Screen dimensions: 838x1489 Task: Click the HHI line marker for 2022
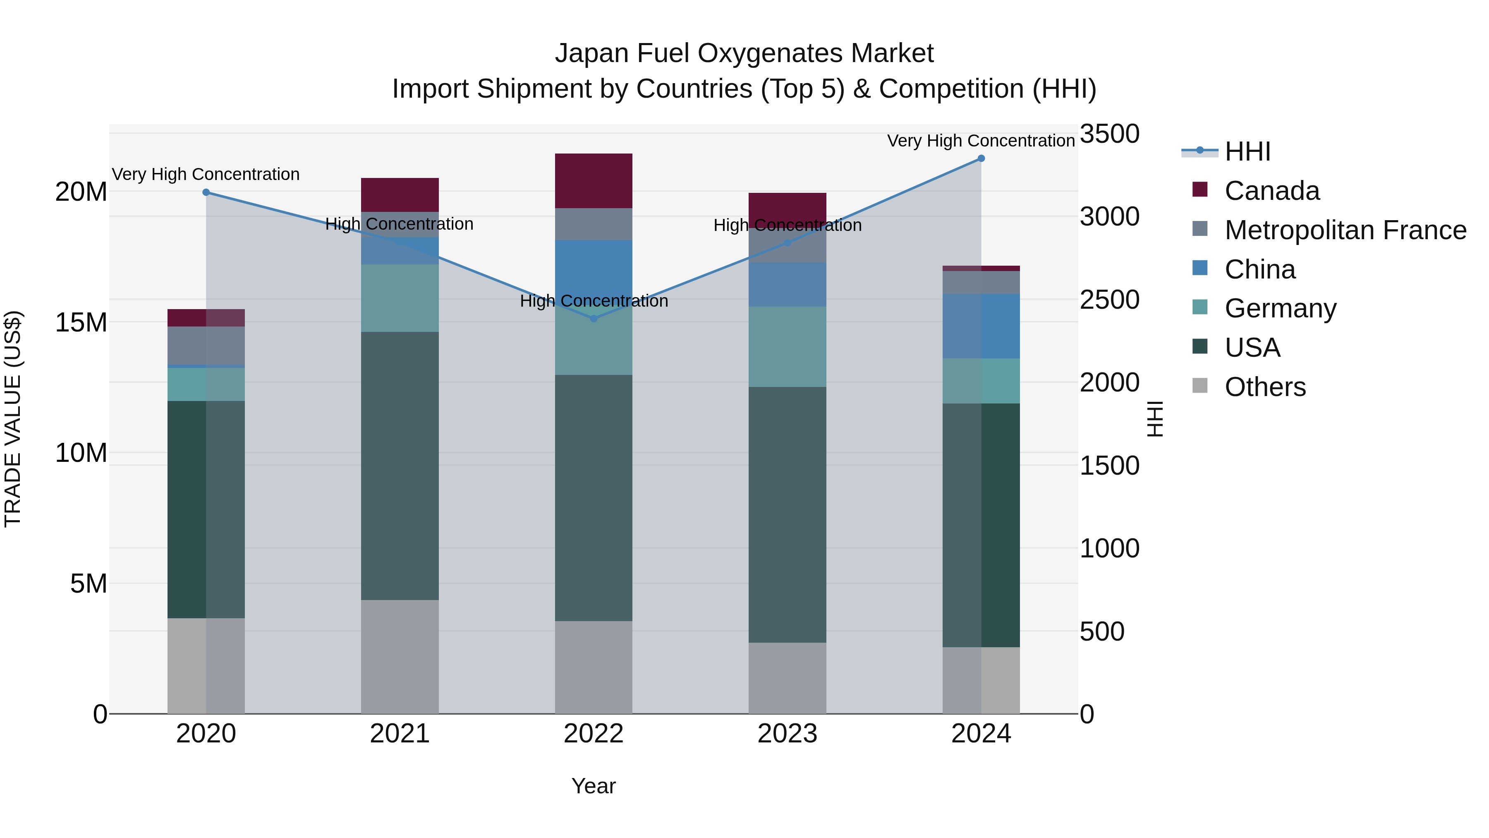point(594,319)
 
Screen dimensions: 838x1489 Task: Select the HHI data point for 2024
point(981,158)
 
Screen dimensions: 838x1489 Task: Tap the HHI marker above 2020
point(206,192)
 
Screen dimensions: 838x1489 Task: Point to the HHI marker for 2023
point(787,243)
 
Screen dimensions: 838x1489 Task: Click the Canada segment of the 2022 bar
point(594,181)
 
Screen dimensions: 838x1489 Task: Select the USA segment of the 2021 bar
point(400,466)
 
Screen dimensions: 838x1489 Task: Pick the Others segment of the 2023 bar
point(787,678)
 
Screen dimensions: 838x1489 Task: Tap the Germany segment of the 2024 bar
point(981,381)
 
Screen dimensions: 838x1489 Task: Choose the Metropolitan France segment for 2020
point(206,346)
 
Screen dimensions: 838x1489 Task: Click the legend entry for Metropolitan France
point(1345,230)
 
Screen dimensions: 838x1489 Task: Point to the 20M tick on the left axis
point(81,192)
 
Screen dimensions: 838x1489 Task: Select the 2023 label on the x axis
point(787,734)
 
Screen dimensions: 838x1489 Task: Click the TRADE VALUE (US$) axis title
point(13,419)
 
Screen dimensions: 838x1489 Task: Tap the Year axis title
point(594,786)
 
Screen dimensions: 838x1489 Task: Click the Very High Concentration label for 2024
point(981,141)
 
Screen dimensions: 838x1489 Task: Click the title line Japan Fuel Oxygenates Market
point(744,53)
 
